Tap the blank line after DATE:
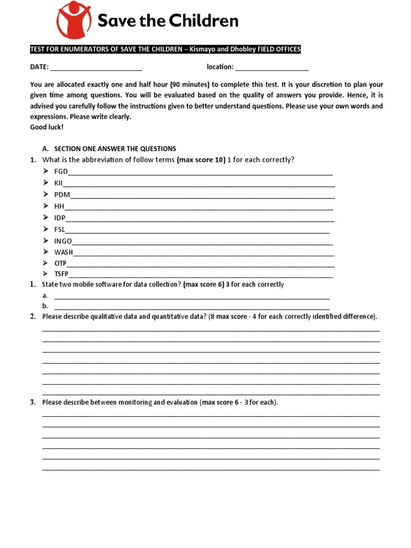(96, 68)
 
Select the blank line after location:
(272, 68)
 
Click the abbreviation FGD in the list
(61, 172)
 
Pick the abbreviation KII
(58, 183)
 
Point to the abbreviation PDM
(62, 195)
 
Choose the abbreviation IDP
(59, 218)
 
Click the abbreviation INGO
(63, 241)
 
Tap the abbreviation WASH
(64, 252)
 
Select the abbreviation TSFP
(62, 275)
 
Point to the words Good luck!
(47, 127)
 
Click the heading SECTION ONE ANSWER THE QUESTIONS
(115, 149)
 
